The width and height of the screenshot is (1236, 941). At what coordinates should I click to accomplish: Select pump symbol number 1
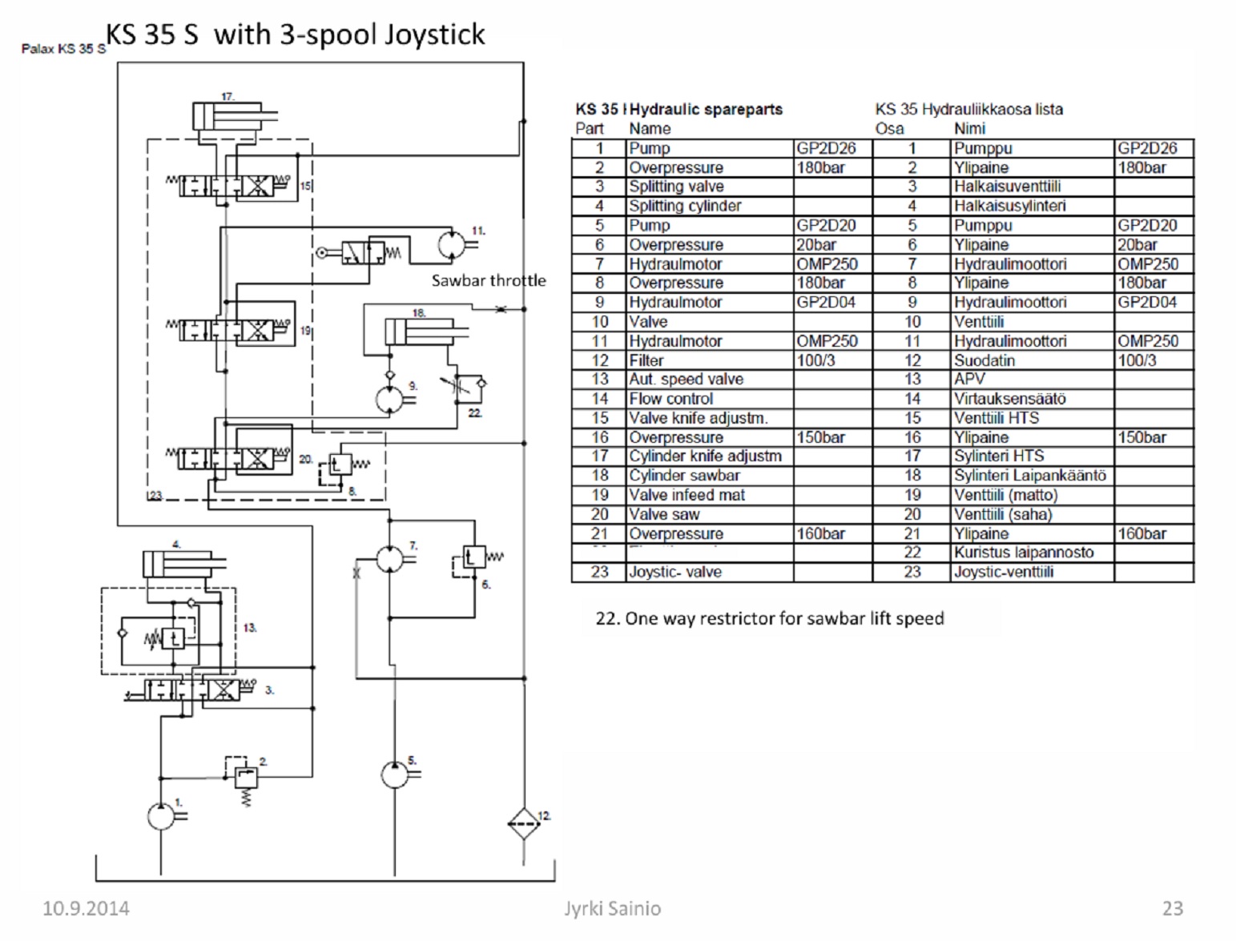161,815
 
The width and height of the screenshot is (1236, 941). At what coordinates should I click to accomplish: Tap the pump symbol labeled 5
394,774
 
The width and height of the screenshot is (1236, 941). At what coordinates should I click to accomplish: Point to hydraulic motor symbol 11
452,243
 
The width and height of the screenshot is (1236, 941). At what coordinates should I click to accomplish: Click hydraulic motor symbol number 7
390,558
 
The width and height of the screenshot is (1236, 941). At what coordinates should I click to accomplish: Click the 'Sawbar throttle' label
488,280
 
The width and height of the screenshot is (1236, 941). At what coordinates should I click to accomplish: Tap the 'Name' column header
650,128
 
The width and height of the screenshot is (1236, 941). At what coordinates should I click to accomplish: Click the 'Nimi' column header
969,128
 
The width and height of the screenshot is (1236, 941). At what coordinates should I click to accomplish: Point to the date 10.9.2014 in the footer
86,908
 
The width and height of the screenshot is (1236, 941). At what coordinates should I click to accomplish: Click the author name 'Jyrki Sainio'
613,908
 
